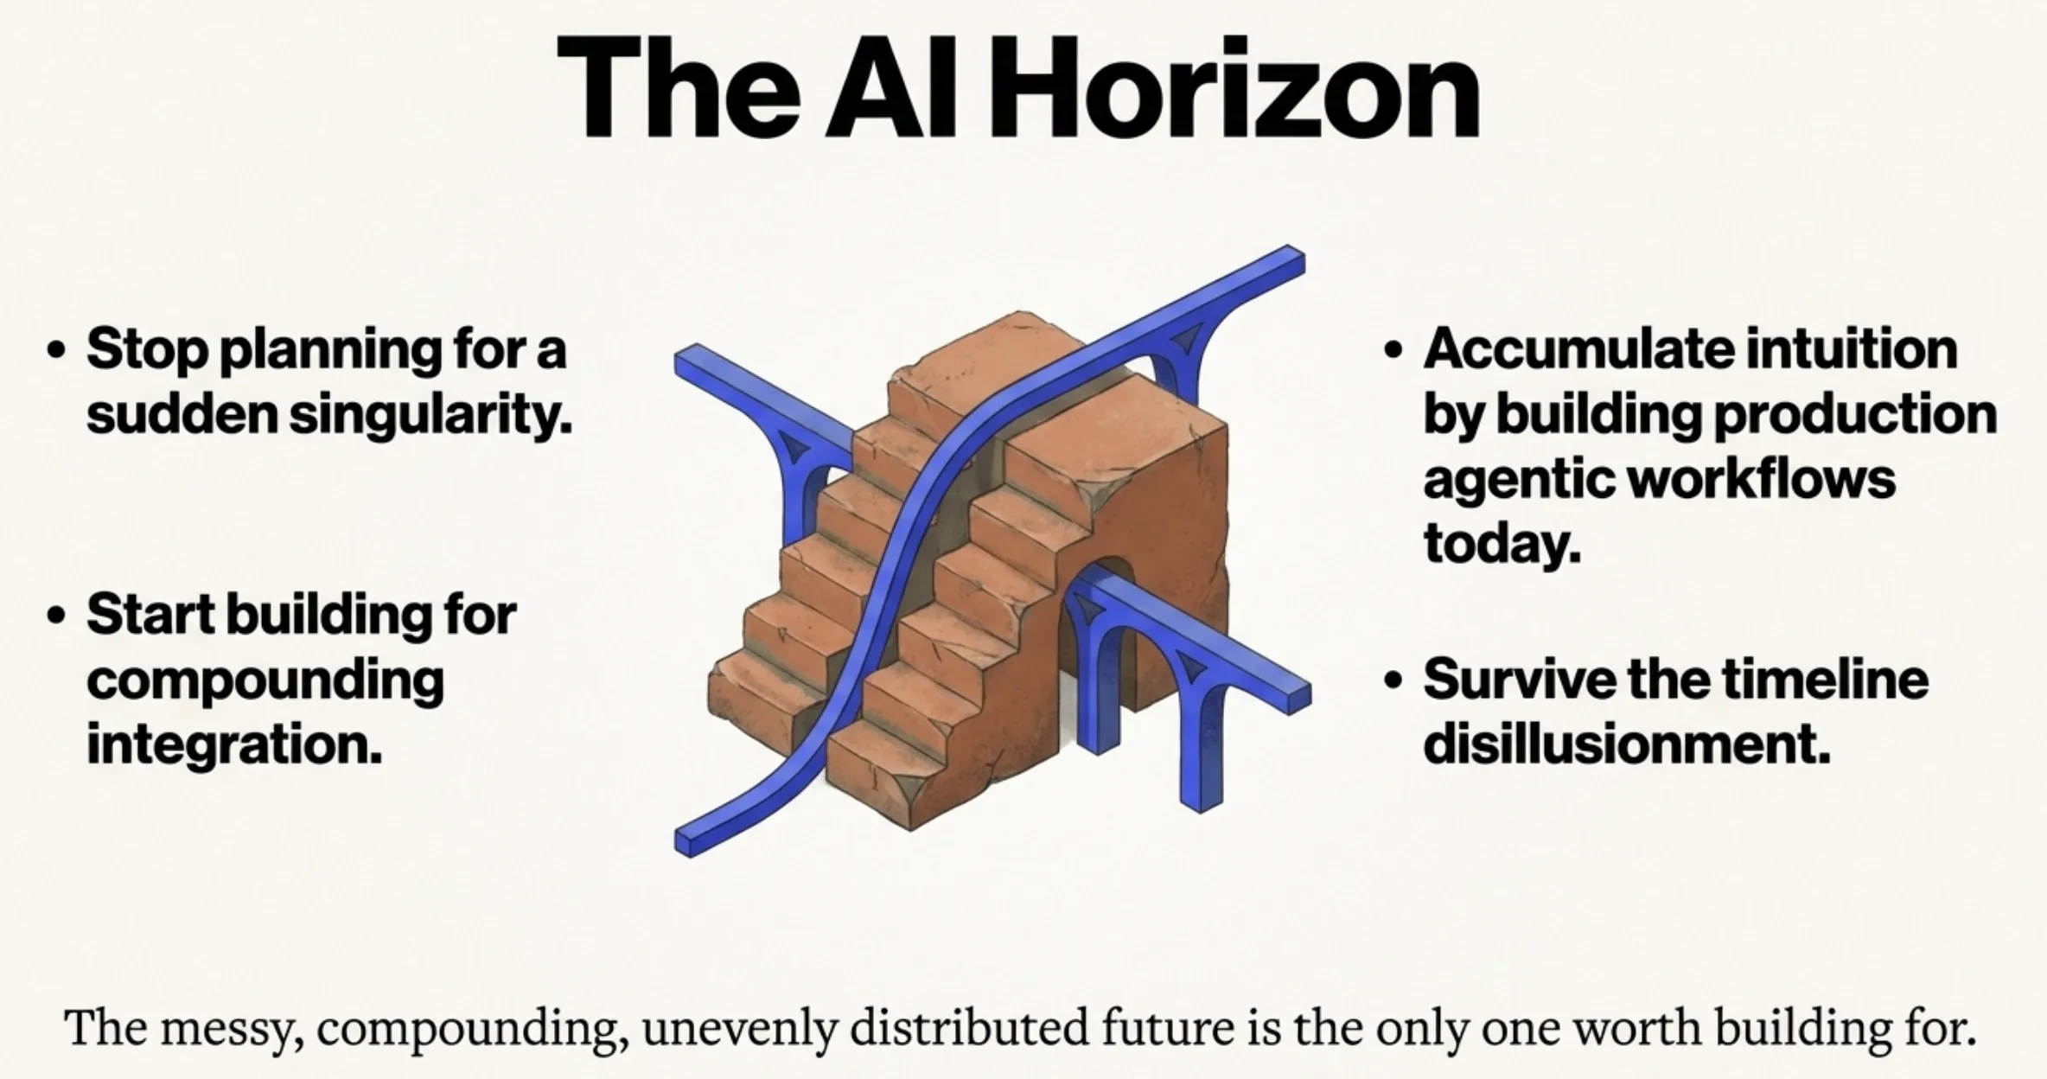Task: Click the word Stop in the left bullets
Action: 147,350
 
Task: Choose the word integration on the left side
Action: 233,745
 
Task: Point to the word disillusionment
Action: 1626,745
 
